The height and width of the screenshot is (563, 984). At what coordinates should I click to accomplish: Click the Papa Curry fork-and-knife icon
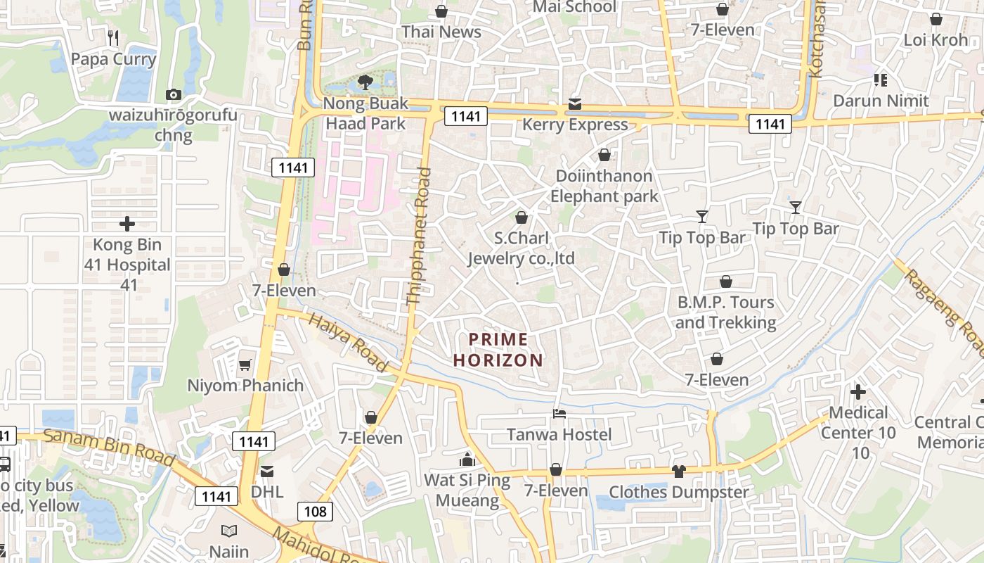[x=112, y=37]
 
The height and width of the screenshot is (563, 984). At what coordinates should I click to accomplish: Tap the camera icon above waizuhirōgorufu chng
[x=173, y=94]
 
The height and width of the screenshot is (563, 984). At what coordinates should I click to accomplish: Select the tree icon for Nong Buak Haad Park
[x=365, y=82]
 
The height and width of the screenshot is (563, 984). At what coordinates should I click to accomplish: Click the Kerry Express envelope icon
[x=575, y=104]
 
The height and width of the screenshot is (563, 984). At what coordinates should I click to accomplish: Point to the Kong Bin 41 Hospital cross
[x=127, y=224]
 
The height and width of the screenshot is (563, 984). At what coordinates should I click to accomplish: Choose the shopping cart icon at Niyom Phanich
[x=245, y=365]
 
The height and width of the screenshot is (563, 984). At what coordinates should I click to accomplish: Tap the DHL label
[x=267, y=491]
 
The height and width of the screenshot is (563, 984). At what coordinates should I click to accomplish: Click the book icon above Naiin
[x=229, y=531]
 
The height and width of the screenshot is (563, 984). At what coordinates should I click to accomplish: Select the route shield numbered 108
[x=315, y=511]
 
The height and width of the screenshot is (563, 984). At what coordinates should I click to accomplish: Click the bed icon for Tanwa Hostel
[x=559, y=413]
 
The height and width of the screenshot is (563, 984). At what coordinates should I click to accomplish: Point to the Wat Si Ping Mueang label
[x=467, y=491]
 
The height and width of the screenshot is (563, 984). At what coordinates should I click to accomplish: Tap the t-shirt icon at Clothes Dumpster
[x=678, y=471]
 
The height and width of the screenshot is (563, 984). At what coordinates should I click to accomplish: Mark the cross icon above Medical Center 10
[x=858, y=391]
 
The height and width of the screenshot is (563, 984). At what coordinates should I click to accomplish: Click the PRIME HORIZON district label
[x=498, y=350]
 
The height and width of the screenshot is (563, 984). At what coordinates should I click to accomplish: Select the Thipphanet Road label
[x=419, y=236]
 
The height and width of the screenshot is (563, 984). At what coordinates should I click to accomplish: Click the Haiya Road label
[x=348, y=343]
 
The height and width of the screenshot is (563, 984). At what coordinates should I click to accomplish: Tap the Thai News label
[x=441, y=32]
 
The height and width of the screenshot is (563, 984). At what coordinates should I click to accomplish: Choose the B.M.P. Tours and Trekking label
[x=725, y=312]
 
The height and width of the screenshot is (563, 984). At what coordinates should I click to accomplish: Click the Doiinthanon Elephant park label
[x=604, y=186]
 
